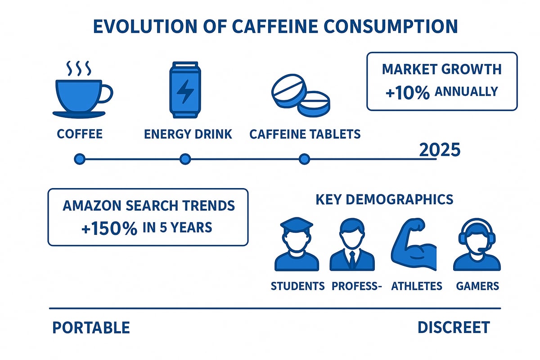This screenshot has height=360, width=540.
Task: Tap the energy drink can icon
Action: pos(184,90)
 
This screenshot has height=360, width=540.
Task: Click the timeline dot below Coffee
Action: pos(79,159)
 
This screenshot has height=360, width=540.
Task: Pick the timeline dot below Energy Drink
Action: pos(185,159)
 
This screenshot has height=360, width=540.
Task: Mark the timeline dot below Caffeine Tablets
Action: pos(305,159)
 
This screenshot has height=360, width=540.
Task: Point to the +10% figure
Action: pos(408,92)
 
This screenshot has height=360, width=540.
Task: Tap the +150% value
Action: pos(109,229)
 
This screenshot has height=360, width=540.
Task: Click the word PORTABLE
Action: pos(91,328)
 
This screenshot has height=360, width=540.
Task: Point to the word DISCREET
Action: pos(453,328)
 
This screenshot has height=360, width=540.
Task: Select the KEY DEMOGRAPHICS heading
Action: pos(384,199)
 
